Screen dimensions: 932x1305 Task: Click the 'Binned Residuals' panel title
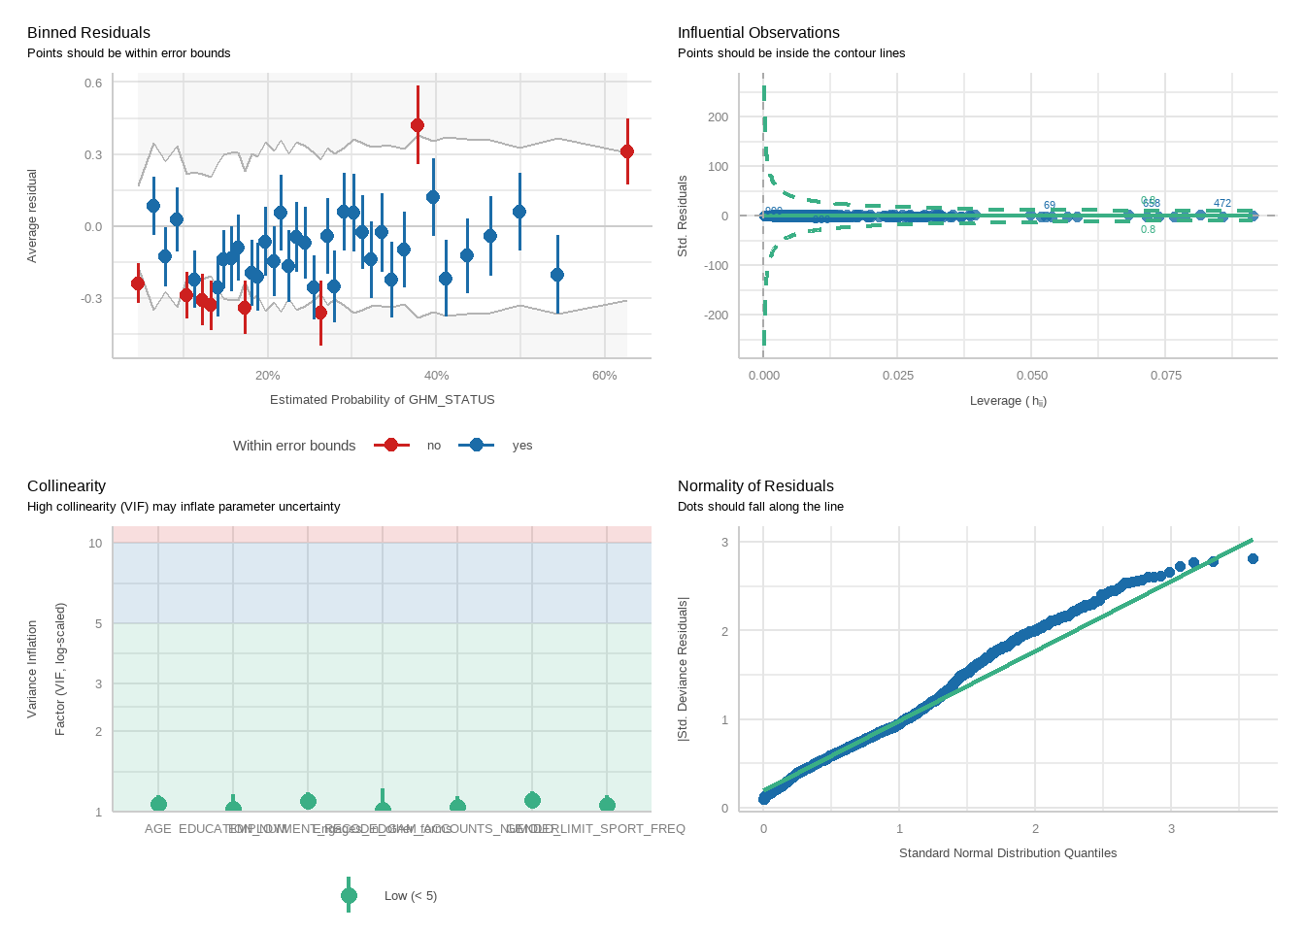pyautogui.click(x=88, y=33)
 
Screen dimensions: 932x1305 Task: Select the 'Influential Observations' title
pyautogui.click(x=758, y=33)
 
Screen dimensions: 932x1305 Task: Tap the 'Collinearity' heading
pyautogui.click(x=66, y=486)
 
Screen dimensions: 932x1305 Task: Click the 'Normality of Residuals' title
pyautogui.click(x=755, y=486)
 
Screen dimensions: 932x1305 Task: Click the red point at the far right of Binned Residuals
pyautogui.click(x=627, y=151)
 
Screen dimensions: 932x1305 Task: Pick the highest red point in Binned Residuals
pyautogui.click(x=418, y=125)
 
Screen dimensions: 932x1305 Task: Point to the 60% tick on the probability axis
pyautogui.click(x=604, y=376)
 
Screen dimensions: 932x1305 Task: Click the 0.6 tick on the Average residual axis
pyautogui.click(x=93, y=83)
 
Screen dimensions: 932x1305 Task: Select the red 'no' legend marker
pyautogui.click(x=391, y=446)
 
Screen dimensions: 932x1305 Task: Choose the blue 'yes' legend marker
pyautogui.click(x=476, y=446)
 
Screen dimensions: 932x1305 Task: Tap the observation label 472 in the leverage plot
pyautogui.click(x=1222, y=204)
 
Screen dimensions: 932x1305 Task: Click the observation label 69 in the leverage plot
pyautogui.click(x=1050, y=206)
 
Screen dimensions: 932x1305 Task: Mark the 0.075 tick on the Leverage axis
pyautogui.click(x=1166, y=376)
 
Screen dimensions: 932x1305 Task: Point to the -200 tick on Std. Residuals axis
pyautogui.click(x=717, y=316)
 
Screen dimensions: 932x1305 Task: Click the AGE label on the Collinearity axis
pyautogui.click(x=157, y=829)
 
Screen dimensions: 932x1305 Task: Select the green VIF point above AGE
pyautogui.click(x=158, y=803)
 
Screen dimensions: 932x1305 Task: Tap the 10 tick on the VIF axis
pyautogui.click(x=95, y=544)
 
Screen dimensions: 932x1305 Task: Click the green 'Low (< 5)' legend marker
pyautogui.click(x=350, y=896)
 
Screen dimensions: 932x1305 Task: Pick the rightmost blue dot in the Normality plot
pyautogui.click(x=1253, y=559)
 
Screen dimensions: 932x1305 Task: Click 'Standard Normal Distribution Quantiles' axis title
pyautogui.click(x=1008, y=853)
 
